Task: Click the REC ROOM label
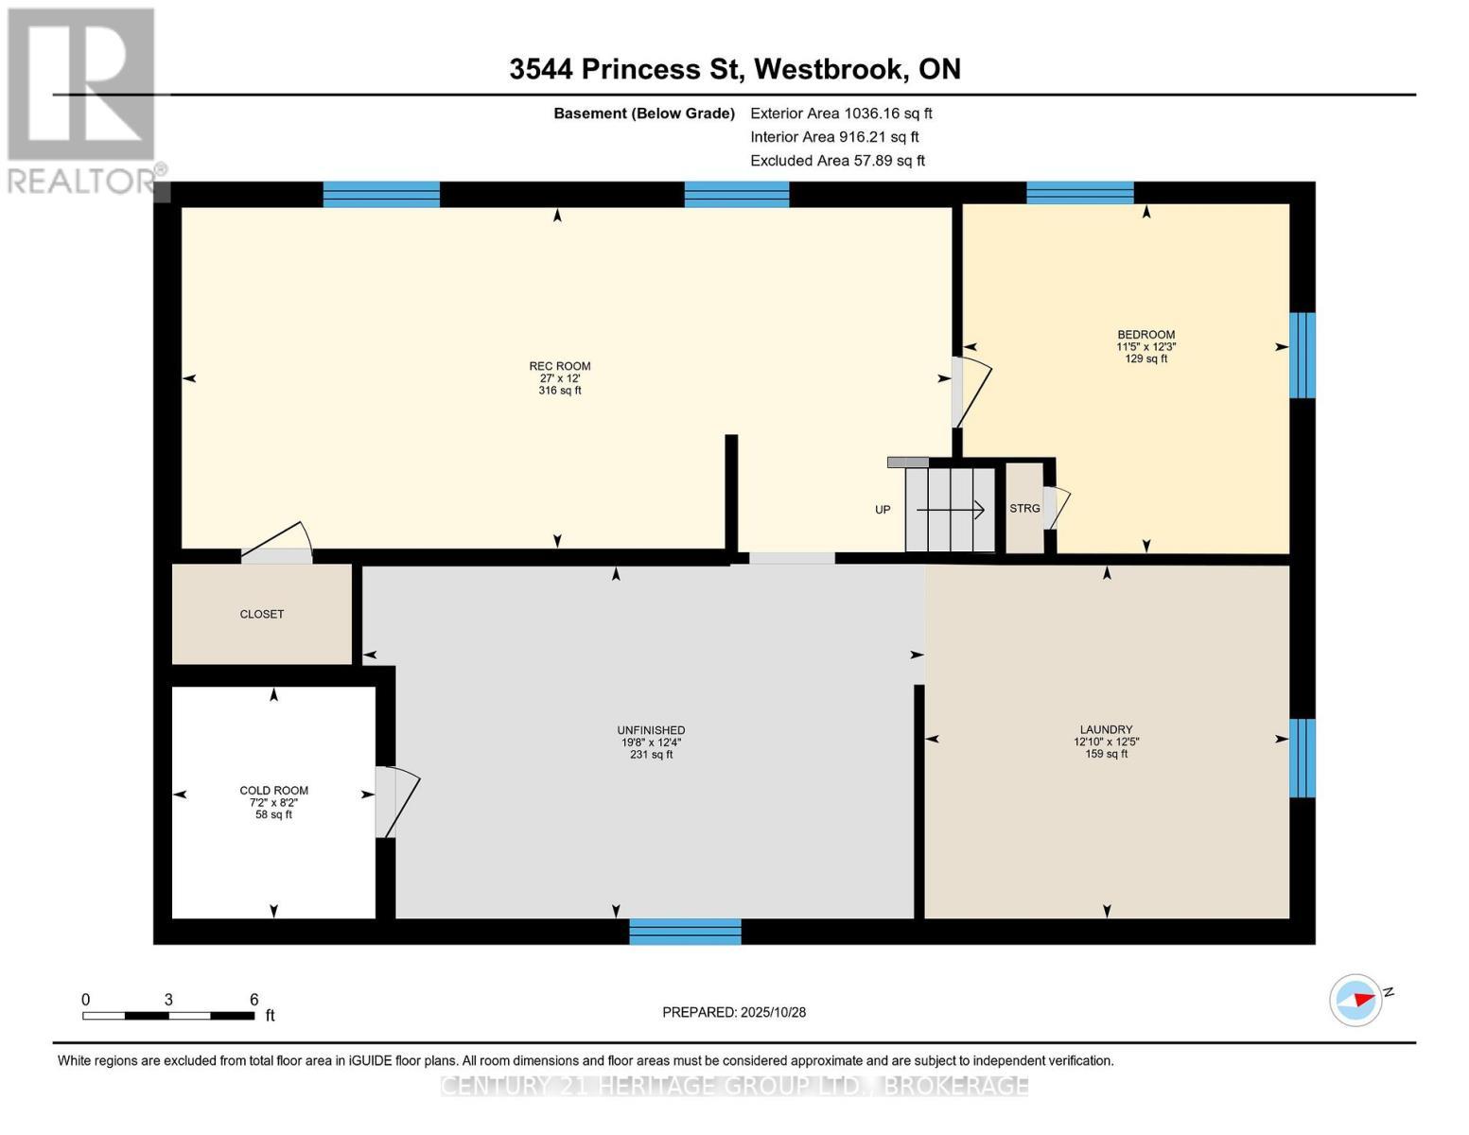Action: tap(559, 366)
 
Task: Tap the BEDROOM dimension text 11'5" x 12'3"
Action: tap(1145, 347)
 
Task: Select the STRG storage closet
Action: tap(1024, 509)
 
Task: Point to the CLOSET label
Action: tap(262, 614)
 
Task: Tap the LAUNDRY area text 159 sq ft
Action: tap(1106, 754)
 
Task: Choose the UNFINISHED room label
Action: tap(651, 730)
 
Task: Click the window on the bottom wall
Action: tap(685, 932)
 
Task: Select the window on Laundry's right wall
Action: tap(1303, 758)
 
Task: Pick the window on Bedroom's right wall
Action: tap(1303, 355)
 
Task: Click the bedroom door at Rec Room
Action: tap(971, 392)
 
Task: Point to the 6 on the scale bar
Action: tap(254, 1000)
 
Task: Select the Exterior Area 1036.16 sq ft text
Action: tap(841, 113)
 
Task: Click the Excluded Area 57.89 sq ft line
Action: tap(837, 161)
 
